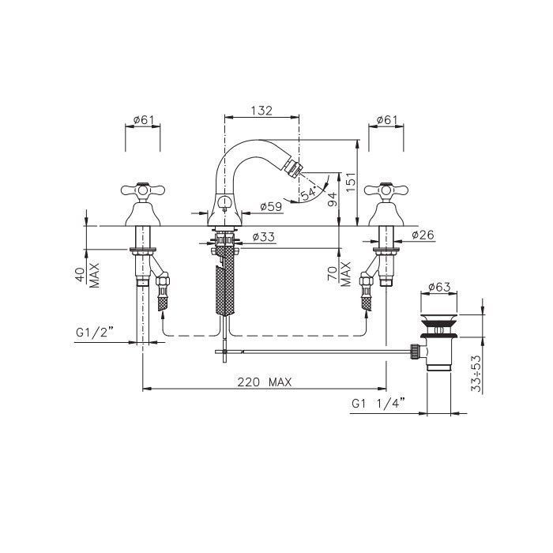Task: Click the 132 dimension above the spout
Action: (x=261, y=111)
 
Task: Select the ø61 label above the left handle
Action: (x=144, y=120)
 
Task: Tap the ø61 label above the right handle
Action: (x=386, y=120)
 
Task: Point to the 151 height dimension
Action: (x=351, y=182)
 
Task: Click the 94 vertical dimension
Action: (x=333, y=199)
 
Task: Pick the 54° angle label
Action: (x=308, y=194)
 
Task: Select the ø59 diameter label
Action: (x=271, y=206)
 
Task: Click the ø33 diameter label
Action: (x=264, y=237)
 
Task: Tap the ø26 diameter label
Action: (x=423, y=235)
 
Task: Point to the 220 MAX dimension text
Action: (x=265, y=382)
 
